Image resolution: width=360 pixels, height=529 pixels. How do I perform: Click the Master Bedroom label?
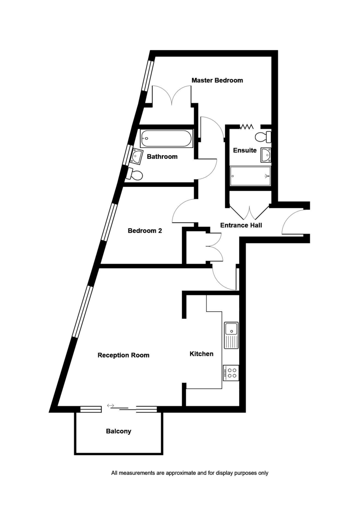[217, 80]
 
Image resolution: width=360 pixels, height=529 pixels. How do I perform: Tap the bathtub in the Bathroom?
[166, 139]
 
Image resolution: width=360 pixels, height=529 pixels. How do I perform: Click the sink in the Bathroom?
[135, 156]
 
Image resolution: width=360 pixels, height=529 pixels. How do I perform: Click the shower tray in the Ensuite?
[250, 176]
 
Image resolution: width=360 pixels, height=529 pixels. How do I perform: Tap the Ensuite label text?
[244, 150]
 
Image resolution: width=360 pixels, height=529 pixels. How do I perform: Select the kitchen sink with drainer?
[231, 335]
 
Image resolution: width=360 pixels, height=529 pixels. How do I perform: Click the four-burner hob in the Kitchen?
[231, 373]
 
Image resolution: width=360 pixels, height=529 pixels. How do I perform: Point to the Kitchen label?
[201, 354]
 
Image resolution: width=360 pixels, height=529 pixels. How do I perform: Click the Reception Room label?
[123, 355]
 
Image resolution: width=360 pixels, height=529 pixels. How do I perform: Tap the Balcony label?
[118, 431]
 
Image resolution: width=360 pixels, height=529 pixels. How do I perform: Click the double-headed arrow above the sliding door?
[110, 405]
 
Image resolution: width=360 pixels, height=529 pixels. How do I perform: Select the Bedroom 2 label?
[144, 231]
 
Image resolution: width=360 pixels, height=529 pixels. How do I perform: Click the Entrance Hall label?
[241, 225]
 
